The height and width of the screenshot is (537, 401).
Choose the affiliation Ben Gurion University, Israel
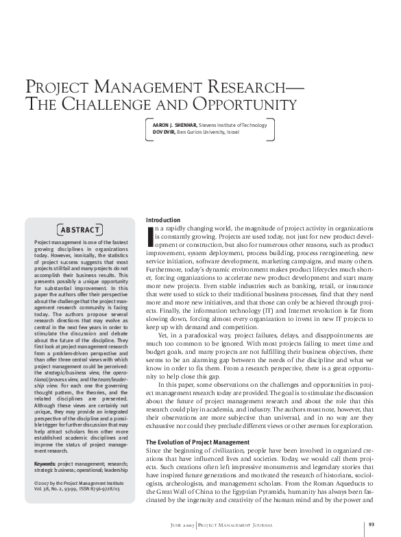click(205, 132)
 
